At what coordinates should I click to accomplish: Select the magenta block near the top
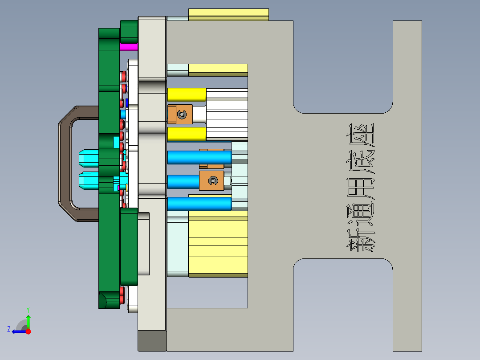pyautogui.click(x=129, y=47)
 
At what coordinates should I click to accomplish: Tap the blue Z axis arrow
pyautogui.click(x=17, y=331)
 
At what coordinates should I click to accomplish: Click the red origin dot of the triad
pyautogui.click(x=28, y=331)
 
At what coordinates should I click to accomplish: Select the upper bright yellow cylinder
pyautogui.click(x=186, y=94)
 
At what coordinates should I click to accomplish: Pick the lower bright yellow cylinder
pyautogui.click(x=186, y=133)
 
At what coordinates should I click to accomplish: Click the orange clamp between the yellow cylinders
pyautogui.click(x=180, y=115)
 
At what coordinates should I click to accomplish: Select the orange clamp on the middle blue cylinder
pyautogui.click(x=212, y=180)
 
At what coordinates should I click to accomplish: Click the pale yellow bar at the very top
pyautogui.click(x=228, y=14)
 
